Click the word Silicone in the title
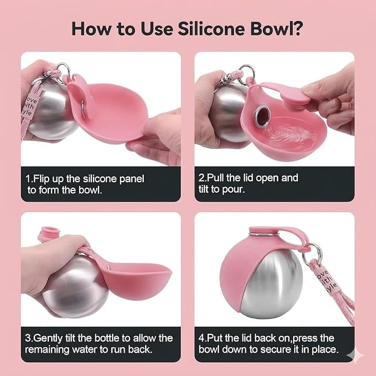point(212,29)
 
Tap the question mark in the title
point(298,29)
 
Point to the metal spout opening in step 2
point(261,117)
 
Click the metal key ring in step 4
point(312,254)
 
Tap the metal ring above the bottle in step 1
point(63,70)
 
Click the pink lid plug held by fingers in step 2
point(295,97)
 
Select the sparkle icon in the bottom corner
point(356,356)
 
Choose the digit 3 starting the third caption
point(28,338)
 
